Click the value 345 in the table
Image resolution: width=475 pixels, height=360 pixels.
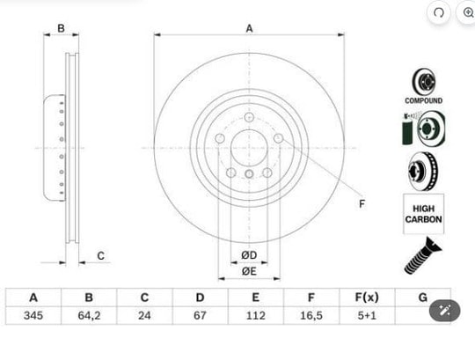coord(33,315)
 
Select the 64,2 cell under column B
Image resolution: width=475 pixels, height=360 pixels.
coord(89,315)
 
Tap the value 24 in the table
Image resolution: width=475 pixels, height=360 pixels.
coord(144,315)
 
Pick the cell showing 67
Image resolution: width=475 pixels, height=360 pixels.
coord(200,315)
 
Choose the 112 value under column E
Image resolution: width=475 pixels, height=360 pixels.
coord(256,315)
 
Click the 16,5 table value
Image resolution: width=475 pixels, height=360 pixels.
coord(311,315)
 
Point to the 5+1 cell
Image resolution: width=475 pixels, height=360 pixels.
coord(367,315)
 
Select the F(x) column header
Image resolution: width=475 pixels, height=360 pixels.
coord(367,298)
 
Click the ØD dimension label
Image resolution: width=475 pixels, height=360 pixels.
coord(249,255)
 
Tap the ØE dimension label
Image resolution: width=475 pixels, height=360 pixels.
coord(249,271)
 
